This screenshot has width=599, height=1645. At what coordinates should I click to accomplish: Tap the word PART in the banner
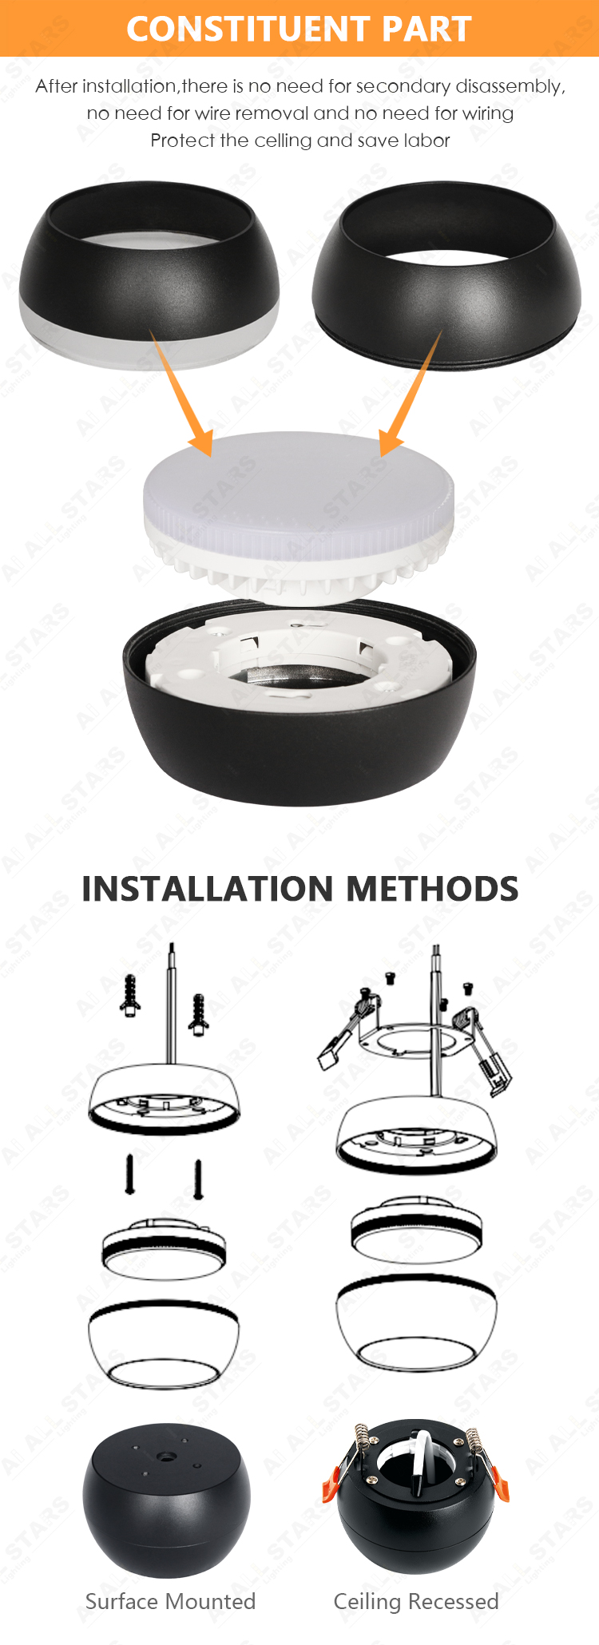click(x=426, y=29)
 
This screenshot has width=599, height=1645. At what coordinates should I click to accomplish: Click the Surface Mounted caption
click(x=170, y=1601)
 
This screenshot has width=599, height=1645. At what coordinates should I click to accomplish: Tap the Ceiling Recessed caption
click(x=416, y=1601)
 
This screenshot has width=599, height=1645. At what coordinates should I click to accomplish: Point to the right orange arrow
click(x=410, y=393)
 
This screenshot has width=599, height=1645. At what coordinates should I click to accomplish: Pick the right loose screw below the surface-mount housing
click(x=198, y=1179)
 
